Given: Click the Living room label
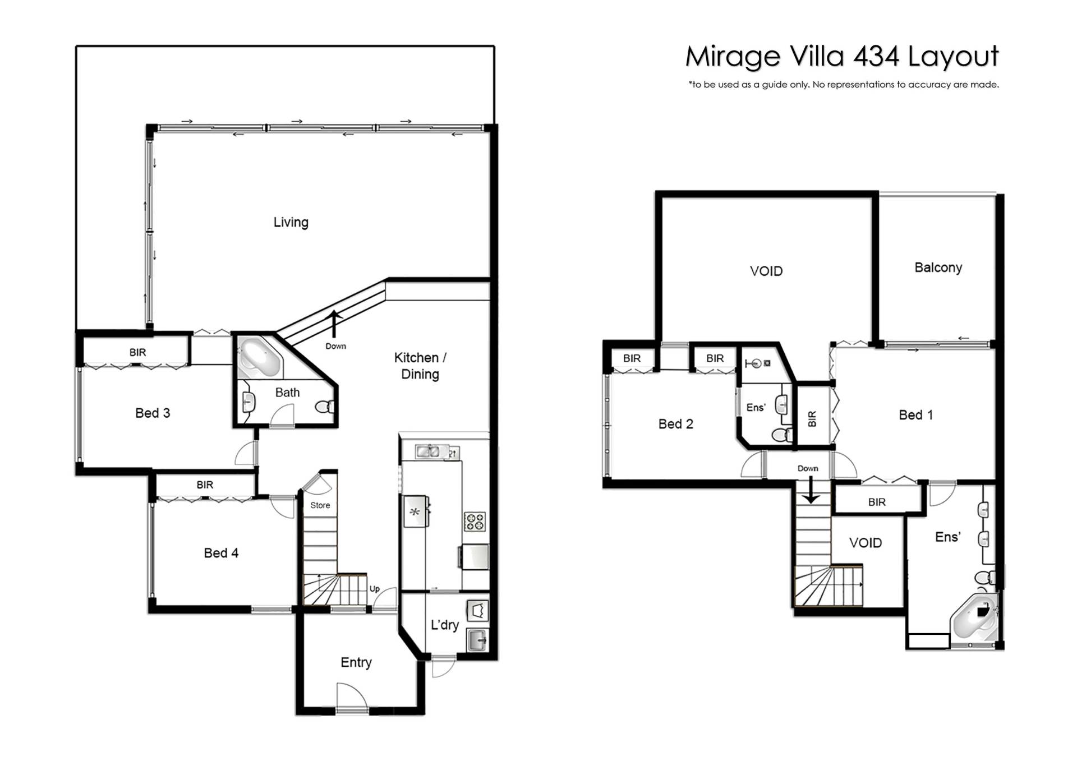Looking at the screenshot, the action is tap(291, 223).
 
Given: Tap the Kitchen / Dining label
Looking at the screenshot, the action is tap(420, 366).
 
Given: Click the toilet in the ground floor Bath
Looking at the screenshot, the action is tap(325, 407).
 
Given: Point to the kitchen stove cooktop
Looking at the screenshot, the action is tap(475, 522).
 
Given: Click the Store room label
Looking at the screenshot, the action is tap(320, 505).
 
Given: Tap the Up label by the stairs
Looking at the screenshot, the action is tap(375, 589).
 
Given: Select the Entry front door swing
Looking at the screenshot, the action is tap(352, 698).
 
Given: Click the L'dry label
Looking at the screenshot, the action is tap(445, 625).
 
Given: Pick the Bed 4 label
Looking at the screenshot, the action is tap(221, 553).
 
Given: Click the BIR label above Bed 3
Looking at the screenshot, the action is tap(137, 352).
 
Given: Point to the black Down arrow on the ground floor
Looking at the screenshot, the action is tap(335, 324).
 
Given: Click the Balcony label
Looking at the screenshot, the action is tap(938, 268).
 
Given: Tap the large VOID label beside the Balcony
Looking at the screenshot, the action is tap(766, 271).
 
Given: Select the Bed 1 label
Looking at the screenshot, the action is tap(915, 415).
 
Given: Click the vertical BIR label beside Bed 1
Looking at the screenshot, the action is tap(812, 419).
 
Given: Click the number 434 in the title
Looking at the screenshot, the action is tap(876, 56).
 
